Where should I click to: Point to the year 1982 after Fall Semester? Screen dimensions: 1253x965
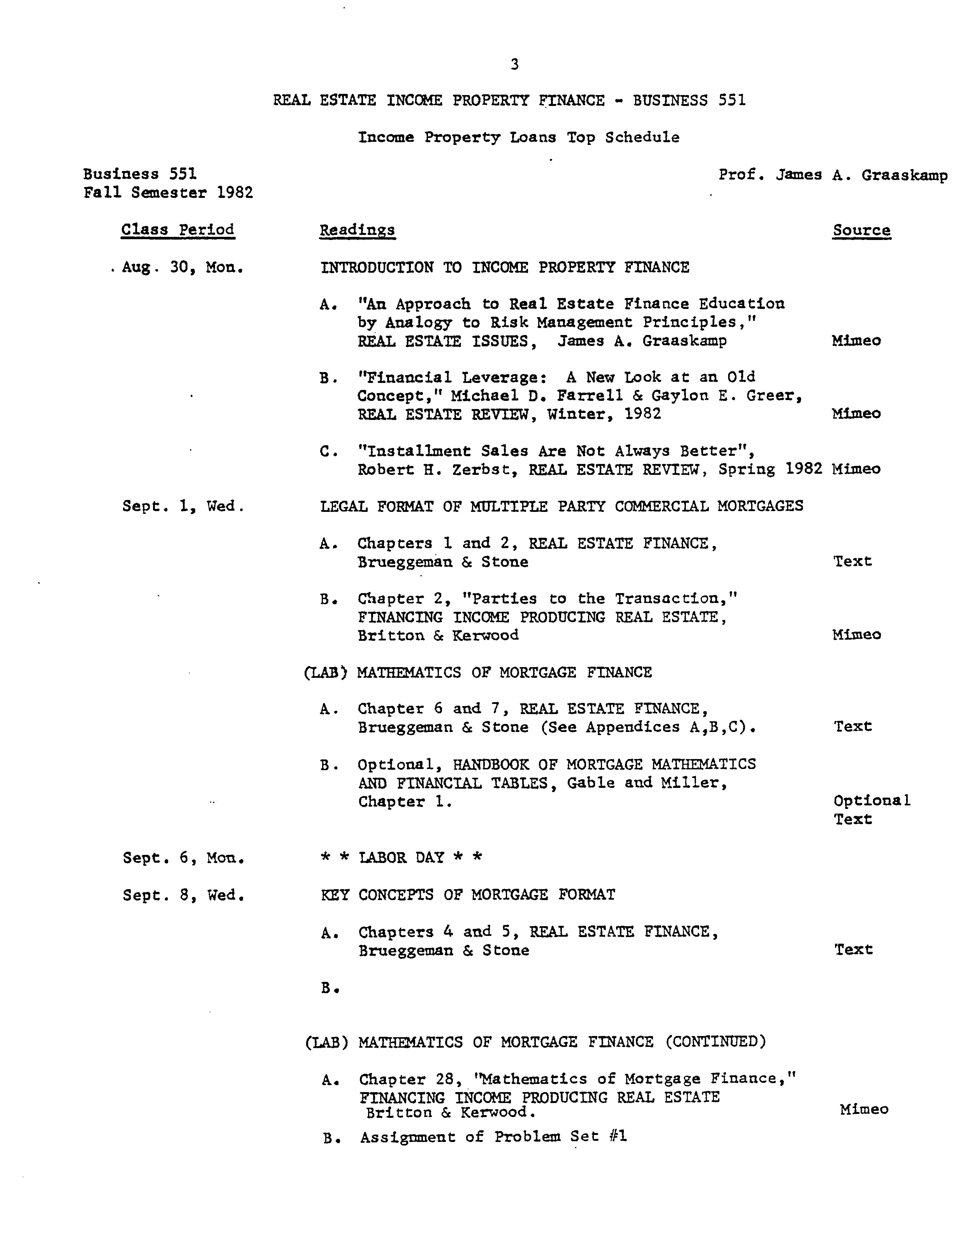pyautogui.click(x=235, y=193)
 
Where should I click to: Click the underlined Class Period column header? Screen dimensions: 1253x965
pyautogui.click(x=178, y=230)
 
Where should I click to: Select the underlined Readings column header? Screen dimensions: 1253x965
pyautogui.click(x=357, y=230)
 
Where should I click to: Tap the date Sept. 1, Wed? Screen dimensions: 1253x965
pyautogui.click(x=184, y=506)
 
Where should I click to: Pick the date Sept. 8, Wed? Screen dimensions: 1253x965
pyautogui.click(x=184, y=895)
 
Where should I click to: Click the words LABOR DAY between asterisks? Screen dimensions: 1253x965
pyautogui.click(x=401, y=858)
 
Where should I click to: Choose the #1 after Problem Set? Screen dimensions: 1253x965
pyautogui.click(x=618, y=1137)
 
